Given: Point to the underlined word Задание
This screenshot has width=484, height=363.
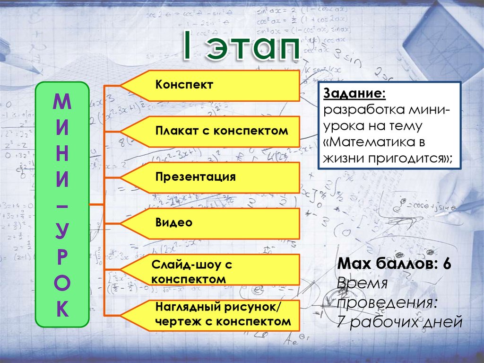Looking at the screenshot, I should (354, 94).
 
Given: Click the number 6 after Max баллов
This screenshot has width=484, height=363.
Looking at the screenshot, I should (446, 265).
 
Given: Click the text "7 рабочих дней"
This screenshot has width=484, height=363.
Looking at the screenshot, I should (399, 322).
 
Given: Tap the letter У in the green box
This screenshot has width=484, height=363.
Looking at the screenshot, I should (62, 232).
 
